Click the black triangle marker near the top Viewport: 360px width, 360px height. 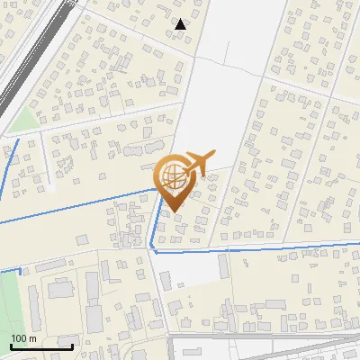click(180, 24)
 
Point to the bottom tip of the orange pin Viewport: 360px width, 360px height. click(172, 211)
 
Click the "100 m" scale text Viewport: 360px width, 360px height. click(23, 337)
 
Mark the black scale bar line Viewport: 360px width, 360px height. click(41, 346)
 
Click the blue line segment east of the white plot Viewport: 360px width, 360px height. click(288, 247)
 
